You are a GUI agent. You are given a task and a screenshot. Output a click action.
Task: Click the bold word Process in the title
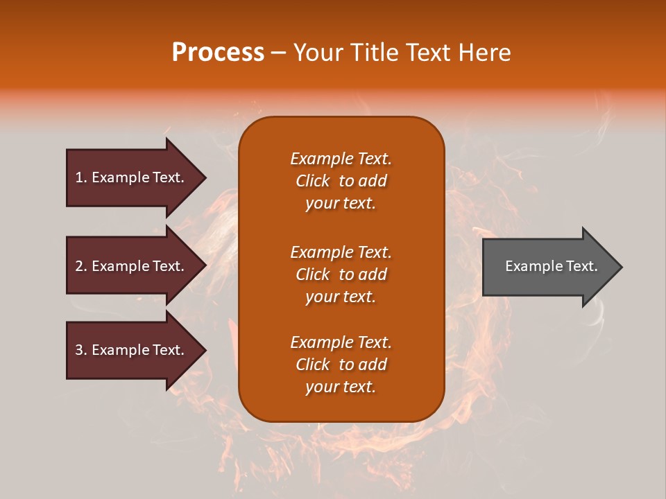tap(218, 53)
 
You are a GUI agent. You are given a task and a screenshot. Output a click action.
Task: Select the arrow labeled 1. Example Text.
tap(132, 177)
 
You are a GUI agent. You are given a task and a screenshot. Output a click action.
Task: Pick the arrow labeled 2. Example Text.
tap(132, 266)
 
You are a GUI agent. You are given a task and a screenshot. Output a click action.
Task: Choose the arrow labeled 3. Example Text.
tap(132, 350)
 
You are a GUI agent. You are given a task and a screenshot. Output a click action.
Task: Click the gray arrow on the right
tap(548, 266)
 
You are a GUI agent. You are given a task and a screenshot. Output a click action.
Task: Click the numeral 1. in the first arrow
tap(80, 177)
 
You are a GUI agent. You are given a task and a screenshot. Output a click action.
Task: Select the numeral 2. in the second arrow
tap(80, 266)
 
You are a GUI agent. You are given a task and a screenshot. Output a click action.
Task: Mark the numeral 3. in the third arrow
tap(80, 350)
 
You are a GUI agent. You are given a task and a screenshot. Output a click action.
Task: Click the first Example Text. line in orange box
tap(341, 159)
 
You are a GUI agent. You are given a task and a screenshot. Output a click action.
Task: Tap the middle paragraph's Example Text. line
tap(341, 252)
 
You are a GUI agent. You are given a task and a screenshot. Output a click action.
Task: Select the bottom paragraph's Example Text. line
tap(341, 342)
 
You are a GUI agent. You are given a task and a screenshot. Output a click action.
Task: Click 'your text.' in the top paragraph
tap(341, 204)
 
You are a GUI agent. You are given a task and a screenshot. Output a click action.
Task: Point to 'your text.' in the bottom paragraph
tap(341, 387)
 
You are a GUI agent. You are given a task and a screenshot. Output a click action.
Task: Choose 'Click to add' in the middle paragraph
tap(341, 274)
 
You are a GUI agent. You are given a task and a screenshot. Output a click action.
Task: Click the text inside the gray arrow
tap(551, 266)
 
